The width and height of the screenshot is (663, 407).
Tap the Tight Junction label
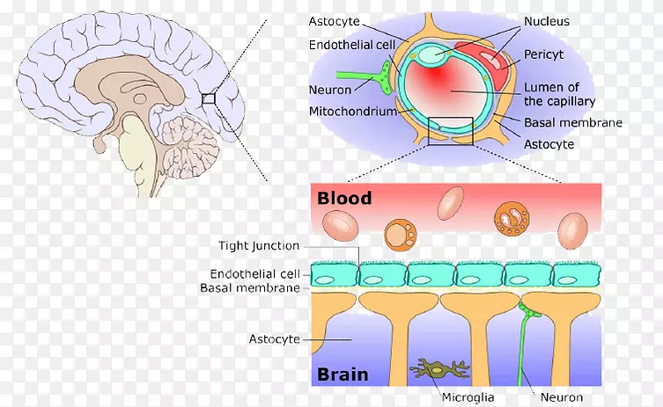259,246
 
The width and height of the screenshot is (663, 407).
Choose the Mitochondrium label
350,112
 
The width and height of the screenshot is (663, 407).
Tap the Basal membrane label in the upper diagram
573,123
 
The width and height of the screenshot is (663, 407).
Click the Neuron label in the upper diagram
331,90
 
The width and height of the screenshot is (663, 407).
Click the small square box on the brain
208,98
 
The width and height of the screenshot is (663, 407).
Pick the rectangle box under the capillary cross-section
450,131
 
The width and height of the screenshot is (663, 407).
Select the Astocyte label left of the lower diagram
275,338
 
